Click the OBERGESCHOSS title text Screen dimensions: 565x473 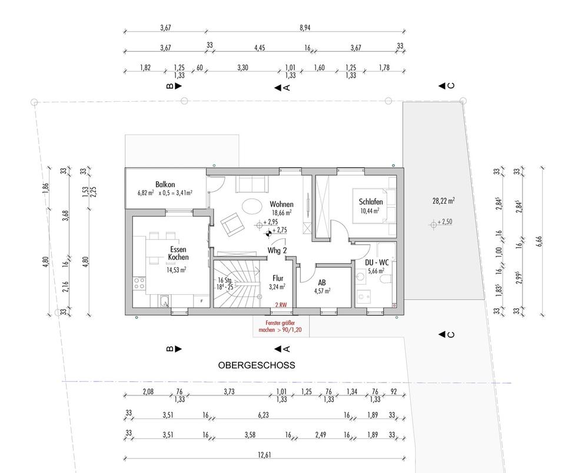(257, 365)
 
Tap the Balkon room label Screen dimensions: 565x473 (165, 185)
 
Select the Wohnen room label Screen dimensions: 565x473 (281, 205)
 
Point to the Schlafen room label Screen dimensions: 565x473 (371, 202)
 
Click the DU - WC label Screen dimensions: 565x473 (377, 262)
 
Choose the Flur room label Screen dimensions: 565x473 (278, 278)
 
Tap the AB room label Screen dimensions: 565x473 (322, 283)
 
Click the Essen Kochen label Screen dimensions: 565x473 (178, 253)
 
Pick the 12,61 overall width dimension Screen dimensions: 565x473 (264, 455)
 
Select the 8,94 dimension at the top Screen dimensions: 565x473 (305, 28)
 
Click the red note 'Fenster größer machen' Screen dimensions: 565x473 (280, 327)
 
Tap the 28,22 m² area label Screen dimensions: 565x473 (444, 201)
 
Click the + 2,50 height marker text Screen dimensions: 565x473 (445, 222)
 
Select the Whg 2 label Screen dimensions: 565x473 (277, 251)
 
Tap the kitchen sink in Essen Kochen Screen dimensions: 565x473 (164, 301)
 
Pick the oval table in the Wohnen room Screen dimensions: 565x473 (252, 207)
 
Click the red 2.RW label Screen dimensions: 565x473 (281, 305)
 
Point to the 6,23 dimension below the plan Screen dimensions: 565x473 (264, 415)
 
